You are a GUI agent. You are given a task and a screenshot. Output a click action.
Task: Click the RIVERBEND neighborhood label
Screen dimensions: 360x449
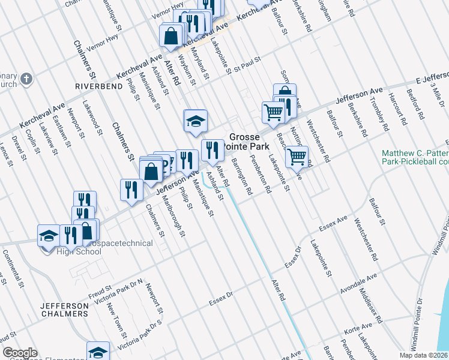[94, 86]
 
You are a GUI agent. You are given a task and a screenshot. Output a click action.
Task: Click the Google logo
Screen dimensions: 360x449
[20, 353]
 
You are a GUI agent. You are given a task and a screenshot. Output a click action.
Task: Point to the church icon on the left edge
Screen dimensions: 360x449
[26, 79]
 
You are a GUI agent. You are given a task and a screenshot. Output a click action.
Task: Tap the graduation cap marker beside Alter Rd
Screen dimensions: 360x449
[196, 122]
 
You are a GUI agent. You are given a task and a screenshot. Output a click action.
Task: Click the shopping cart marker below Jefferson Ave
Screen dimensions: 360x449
[297, 158]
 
